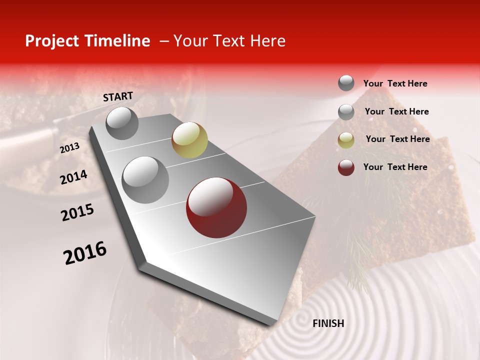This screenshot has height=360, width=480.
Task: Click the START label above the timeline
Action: (118, 96)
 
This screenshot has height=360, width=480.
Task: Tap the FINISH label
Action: (328, 323)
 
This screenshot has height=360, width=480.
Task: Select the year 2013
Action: (69, 148)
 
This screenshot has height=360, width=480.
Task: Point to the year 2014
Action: (73, 177)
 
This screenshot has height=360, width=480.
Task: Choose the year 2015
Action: (77, 212)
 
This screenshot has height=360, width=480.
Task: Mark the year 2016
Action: (85, 252)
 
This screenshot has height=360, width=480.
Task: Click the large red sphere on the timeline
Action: (216, 207)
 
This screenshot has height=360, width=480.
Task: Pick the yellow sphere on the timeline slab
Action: (189, 140)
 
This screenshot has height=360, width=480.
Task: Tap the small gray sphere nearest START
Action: (122, 123)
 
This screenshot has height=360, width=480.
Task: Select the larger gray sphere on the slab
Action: (145, 179)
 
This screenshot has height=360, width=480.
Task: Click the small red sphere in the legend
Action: (346, 167)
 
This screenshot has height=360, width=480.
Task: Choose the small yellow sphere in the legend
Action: (346, 140)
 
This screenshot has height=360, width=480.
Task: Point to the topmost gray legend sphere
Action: (346, 83)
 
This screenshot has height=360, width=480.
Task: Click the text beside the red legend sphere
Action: (395, 167)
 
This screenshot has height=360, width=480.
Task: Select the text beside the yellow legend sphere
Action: (397, 139)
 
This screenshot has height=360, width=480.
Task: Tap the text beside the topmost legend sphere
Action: (395, 83)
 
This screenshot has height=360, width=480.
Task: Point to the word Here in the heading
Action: (267, 41)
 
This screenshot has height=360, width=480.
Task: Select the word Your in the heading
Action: (190, 41)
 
